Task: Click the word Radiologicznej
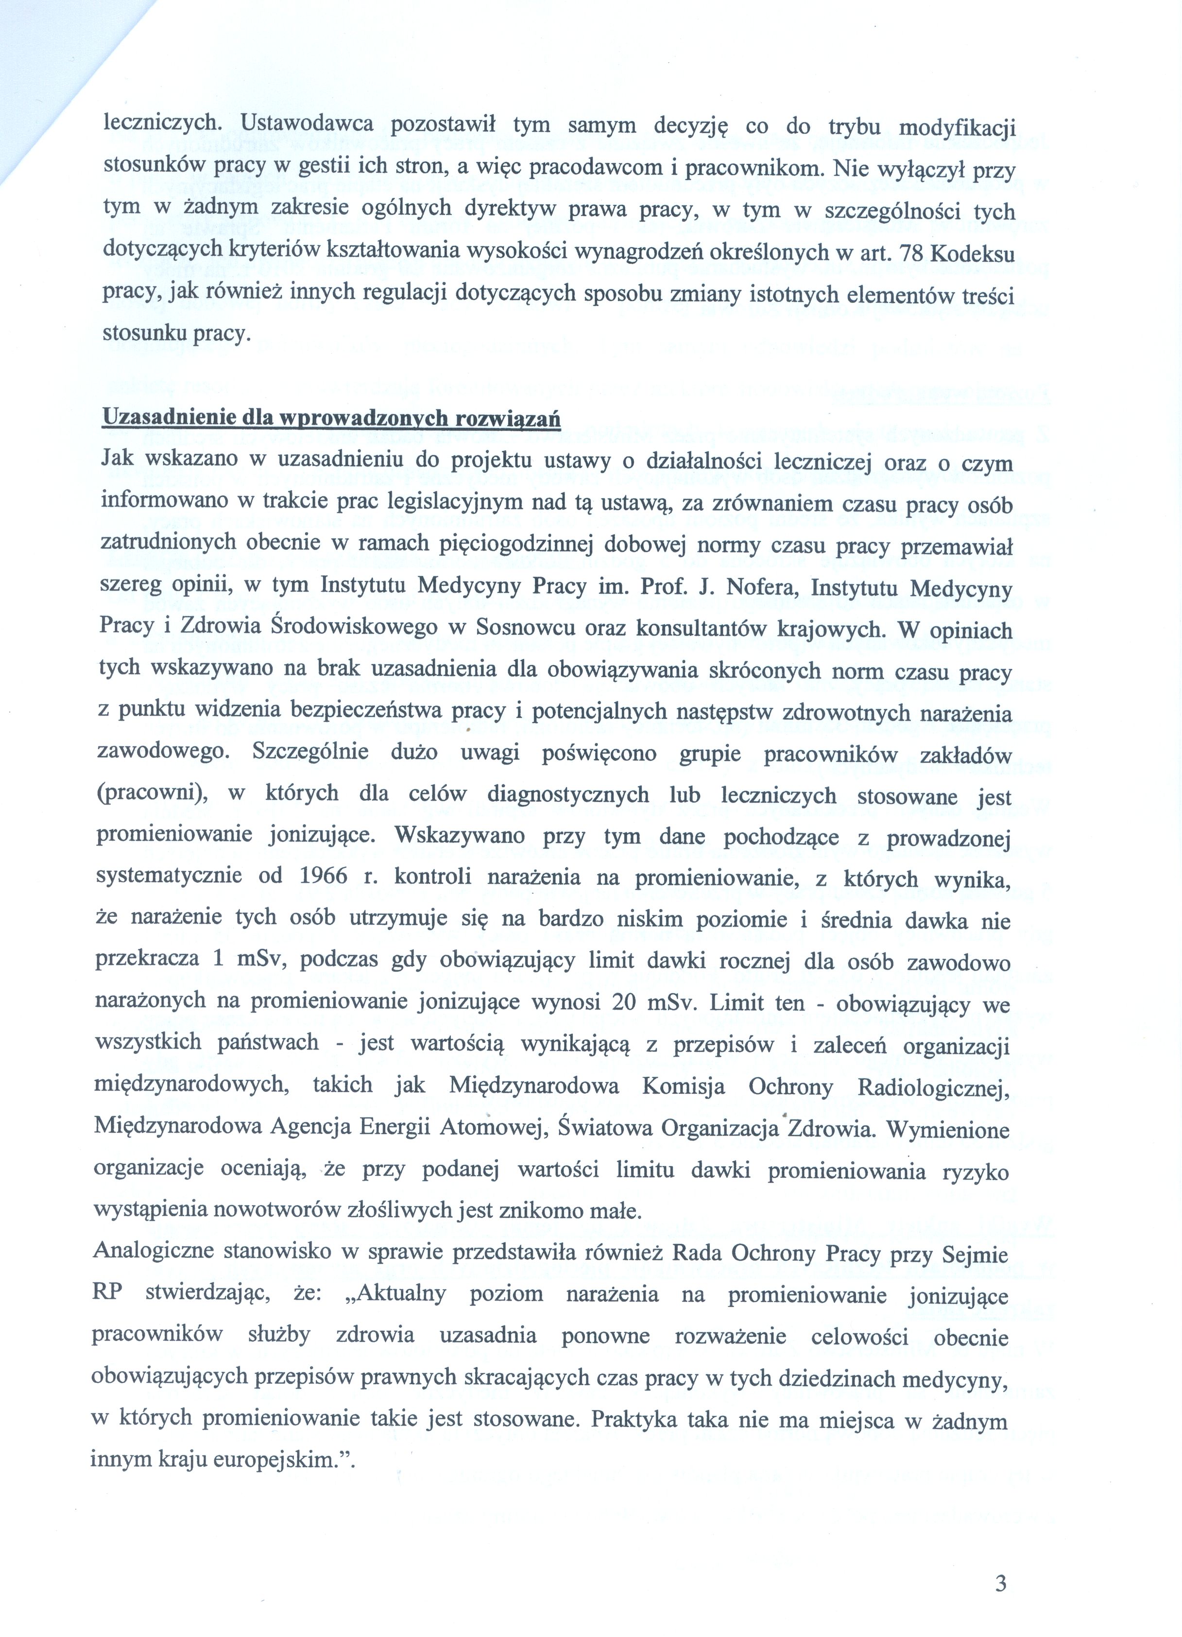933,1087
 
